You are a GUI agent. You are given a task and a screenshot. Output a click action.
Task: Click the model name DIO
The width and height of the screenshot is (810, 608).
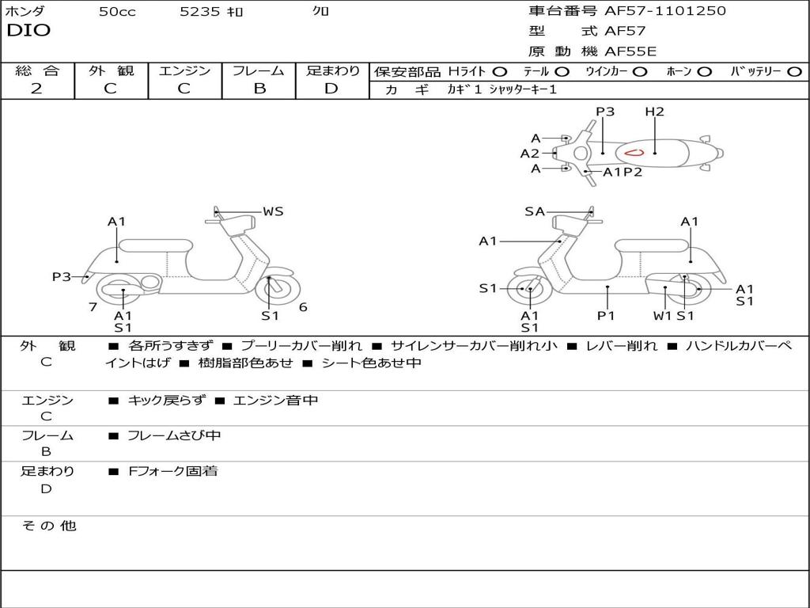28,31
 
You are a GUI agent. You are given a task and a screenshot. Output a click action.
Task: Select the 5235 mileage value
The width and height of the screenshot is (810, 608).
200,12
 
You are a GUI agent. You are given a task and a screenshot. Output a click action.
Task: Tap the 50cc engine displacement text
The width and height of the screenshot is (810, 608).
117,12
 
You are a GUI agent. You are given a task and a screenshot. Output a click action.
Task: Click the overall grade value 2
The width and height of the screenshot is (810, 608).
36,89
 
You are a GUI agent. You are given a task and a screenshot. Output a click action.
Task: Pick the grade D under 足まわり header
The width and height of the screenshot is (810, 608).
331,89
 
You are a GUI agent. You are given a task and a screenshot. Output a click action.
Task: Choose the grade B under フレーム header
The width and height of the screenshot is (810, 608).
259,89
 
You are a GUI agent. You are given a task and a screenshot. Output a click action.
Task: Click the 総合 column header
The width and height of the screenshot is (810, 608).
37,71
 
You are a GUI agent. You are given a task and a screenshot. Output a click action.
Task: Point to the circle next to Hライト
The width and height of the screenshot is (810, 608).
499,72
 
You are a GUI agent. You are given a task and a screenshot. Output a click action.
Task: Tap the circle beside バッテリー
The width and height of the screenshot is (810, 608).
793,72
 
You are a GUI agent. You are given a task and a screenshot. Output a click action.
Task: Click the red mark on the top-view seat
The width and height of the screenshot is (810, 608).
634,152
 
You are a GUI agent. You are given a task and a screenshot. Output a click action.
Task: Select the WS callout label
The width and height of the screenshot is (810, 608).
273,211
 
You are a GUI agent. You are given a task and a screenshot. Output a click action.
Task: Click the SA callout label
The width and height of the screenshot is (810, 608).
535,211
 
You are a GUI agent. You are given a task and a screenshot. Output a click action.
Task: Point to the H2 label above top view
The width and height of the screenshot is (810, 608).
654,112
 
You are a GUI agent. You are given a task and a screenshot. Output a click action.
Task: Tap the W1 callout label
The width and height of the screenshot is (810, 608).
662,316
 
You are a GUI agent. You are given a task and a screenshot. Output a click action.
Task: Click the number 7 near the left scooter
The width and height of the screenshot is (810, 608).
93,307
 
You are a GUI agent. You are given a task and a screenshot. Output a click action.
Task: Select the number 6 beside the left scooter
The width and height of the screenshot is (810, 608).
303,307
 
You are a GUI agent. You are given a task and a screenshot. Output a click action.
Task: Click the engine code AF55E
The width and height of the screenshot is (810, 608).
630,51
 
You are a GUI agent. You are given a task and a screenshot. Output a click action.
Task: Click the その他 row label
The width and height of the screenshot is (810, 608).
48,526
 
